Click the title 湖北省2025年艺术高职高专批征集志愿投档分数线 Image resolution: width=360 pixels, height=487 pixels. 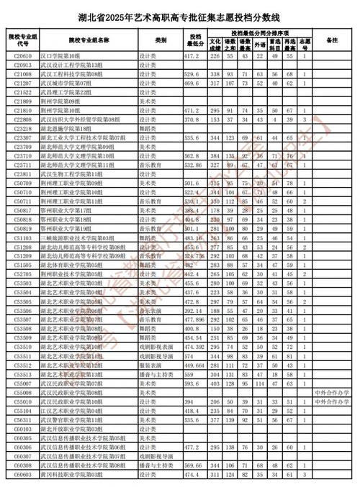(179, 12)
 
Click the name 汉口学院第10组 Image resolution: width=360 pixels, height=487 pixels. (63, 55)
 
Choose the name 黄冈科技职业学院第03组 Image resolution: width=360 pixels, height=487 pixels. (72, 475)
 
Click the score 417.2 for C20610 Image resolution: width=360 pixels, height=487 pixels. (192, 55)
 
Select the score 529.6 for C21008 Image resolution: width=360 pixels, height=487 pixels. (192, 74)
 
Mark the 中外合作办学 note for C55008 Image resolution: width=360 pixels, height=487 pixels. (331, 393)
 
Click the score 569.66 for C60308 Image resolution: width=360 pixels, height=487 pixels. (192, 466)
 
